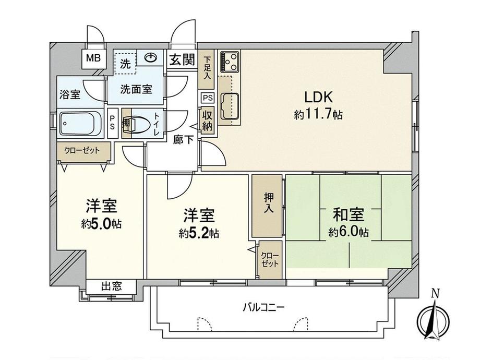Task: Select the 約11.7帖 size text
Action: [318, 115]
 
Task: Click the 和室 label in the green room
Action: [348, 214]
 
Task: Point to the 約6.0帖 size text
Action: [348, 232]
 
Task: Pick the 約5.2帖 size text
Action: [198, 233]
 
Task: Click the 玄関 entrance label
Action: [182, 60]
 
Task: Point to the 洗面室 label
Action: [137, 89]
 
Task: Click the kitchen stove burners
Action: [229, 62]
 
